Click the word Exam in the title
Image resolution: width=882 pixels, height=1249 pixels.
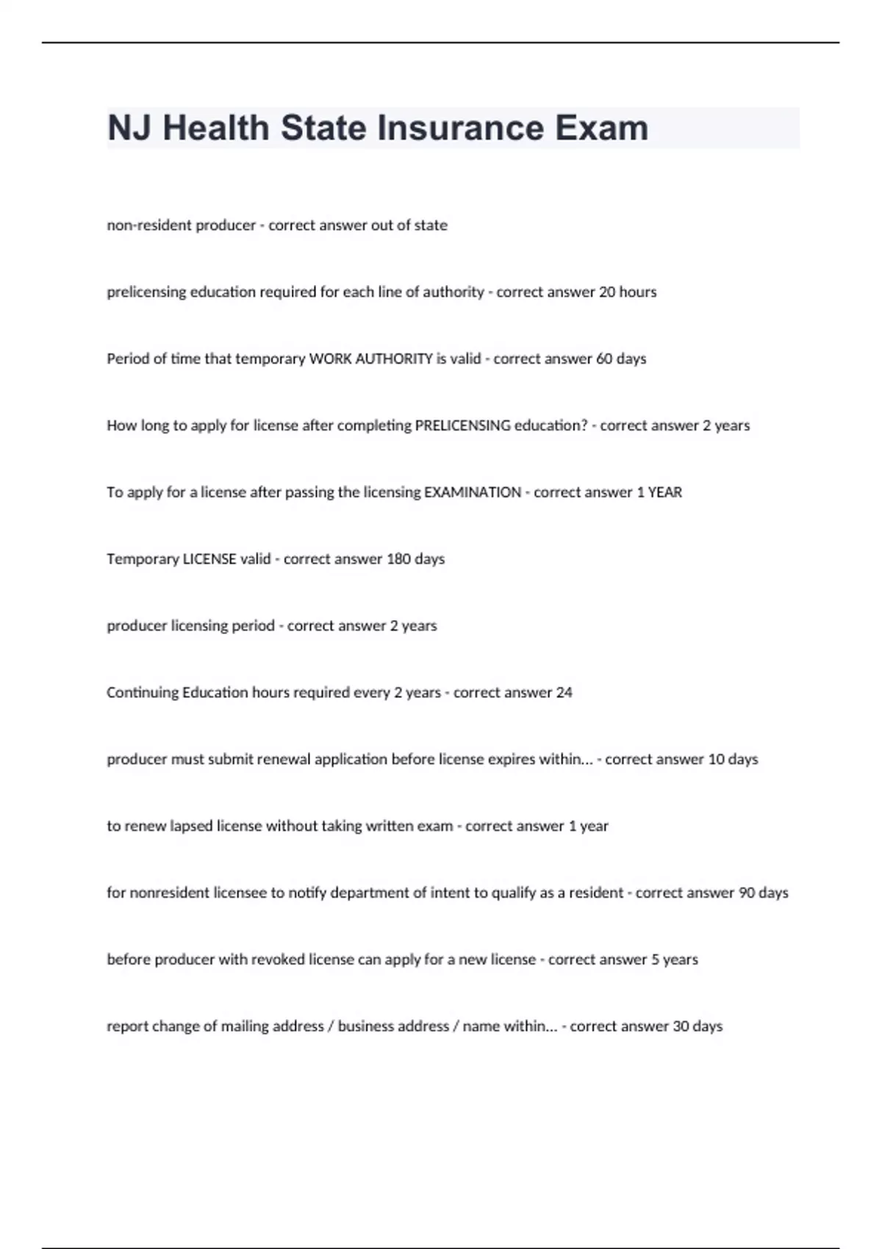[601, 128]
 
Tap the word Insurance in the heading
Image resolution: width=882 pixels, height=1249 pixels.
[461, 128]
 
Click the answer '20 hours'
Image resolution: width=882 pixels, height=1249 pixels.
[628, 292]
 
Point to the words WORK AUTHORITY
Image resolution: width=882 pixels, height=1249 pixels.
[370, 359]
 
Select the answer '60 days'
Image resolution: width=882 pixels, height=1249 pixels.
[621, 359]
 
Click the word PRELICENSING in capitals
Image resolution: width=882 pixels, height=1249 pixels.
[462, 425]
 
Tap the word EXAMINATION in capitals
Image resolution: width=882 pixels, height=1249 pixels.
[473, 492]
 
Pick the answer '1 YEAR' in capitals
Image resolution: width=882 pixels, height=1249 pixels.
[659, 492]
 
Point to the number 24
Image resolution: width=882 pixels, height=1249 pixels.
[564, 692]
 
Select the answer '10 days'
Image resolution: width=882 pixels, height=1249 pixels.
[733, 759]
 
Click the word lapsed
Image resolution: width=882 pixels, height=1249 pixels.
[191, 826]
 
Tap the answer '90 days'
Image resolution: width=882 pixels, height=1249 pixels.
[763, 893]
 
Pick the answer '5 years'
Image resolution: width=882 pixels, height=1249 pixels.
[675, 960]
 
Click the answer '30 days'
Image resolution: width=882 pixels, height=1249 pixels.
[698, 1026]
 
